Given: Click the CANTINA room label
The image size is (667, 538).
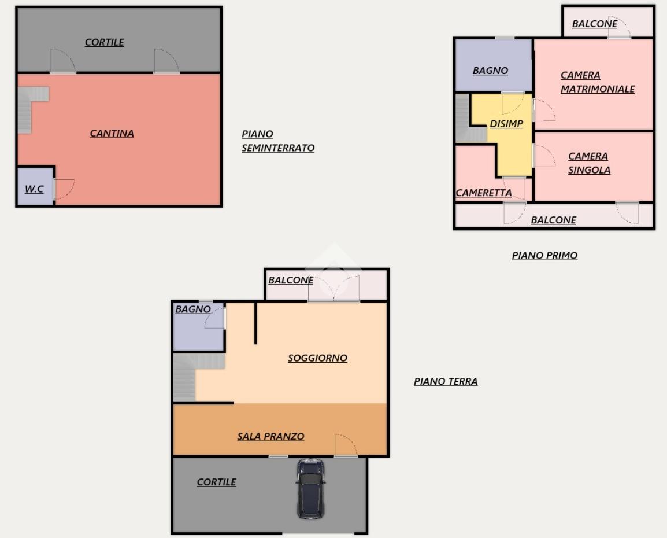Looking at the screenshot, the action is [x=112, y=134].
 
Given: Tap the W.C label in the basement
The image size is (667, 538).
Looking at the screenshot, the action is [x=34, y=189].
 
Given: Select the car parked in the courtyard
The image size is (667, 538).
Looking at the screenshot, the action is [x=310, y=488].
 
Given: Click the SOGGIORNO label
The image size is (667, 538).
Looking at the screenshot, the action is [x=317, y=359].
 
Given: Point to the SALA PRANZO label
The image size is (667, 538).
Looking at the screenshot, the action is [x=270, y=437].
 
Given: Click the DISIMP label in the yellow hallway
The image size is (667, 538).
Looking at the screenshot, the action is [x=506, y=124].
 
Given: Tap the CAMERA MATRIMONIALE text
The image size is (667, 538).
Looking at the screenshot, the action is [x=597, y=82].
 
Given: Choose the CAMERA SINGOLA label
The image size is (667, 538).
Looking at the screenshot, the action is [x=589, y=163].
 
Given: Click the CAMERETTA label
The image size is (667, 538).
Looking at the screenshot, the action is [x=484, y=193].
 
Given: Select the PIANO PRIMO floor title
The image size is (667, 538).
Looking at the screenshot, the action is [x=544, y=255].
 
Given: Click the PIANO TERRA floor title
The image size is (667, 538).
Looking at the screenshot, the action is [x=446, y=381].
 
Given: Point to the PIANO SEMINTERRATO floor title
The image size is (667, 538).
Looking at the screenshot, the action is [x=278, y=141].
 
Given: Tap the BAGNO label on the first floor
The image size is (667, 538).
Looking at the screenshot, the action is [x=490, y=71].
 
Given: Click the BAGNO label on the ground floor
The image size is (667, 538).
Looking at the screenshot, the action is [x=192, y=309].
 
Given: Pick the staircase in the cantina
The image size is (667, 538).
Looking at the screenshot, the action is [x=31, y=109].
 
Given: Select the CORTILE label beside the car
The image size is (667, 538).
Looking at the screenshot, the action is [x=216, y=482].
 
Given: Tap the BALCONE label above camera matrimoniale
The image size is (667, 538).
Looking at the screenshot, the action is [x=594, y=24].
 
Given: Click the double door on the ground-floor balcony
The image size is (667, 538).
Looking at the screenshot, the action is [x=334, y=289].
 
